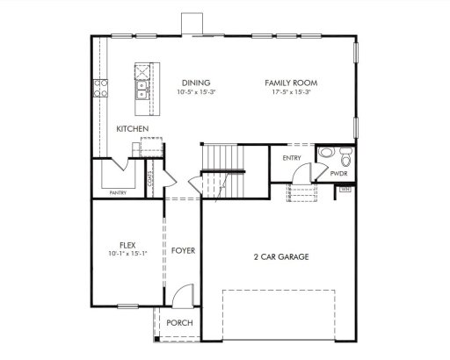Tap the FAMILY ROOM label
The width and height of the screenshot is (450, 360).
pyautogui.click(x=291, y=83)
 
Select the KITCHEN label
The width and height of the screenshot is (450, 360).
pyautogui.click(x=132, y=129)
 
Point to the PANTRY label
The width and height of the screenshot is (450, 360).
pyautogui.click(x=119, y=191)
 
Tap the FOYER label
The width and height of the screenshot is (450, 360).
pyautogui.click(x=183, y=251)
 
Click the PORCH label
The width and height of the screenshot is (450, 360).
pyautogui.click(x=180, y=323)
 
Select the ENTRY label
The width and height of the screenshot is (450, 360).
pyautogui.click(x=291, y=158)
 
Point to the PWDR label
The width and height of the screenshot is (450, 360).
pyautogui.click(x=339, y=174)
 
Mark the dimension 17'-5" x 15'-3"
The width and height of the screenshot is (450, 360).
pyautogui.click(x=291, y=91)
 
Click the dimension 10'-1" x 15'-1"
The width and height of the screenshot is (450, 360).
pyautogui.click(x=127, y=254)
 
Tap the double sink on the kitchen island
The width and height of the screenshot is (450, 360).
pyautogui.click(x=141, y=87)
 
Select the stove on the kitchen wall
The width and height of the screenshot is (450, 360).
pyautogui.click(x=101, y=88)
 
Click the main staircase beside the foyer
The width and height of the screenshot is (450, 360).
pyautogui.click(x=225, y=167)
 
